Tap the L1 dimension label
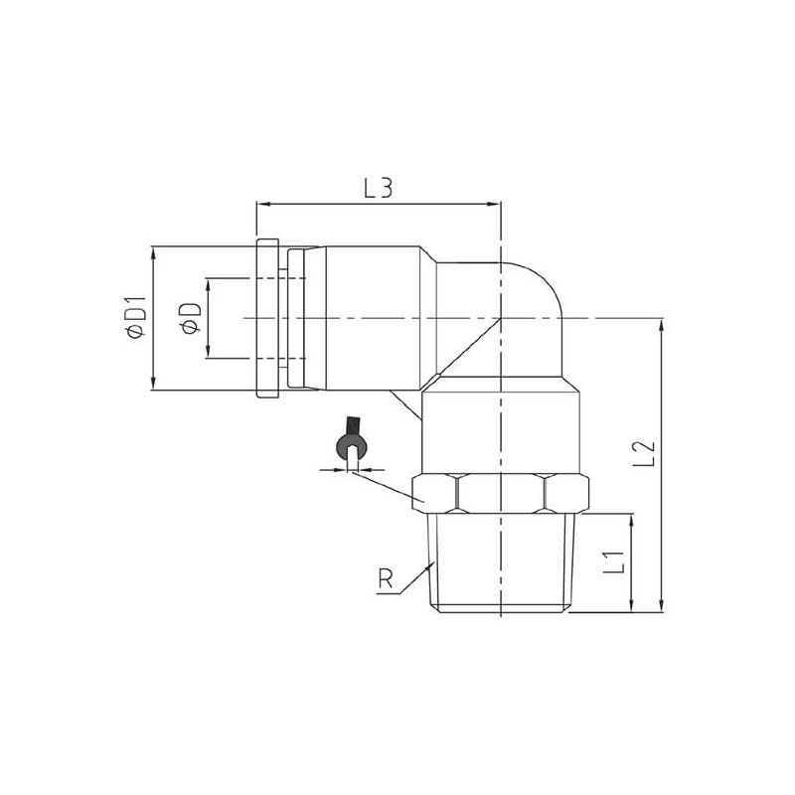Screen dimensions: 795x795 (x=614, y=561)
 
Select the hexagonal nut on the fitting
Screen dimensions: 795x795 (x=500, y=492)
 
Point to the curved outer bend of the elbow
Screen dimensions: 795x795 (x=542, y=283)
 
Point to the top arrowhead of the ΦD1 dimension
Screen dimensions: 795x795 (x=152, y=250)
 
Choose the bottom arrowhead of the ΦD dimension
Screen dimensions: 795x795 (x=208, y=352)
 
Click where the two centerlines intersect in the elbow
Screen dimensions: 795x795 (x=500, y=317)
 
